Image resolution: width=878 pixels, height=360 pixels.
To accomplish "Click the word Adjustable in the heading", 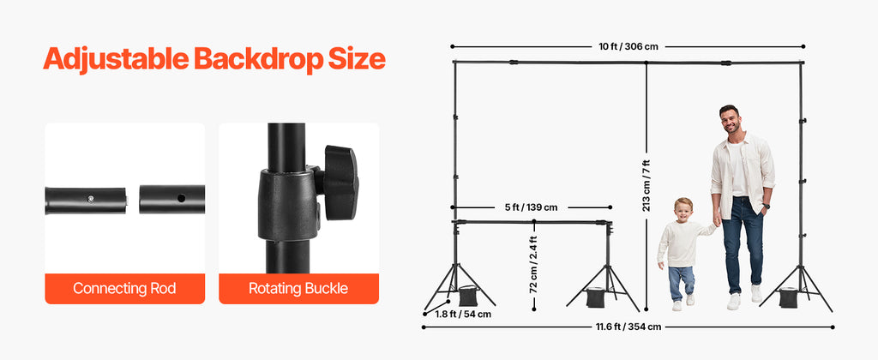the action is coord(116,59).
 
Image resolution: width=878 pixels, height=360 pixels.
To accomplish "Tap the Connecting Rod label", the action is coord(124,289).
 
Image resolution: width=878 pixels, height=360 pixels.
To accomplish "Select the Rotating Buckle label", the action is coord(298,289).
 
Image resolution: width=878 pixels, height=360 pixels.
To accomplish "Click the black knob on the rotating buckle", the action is coord(340,182).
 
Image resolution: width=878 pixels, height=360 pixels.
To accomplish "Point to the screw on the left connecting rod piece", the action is coord(91,198).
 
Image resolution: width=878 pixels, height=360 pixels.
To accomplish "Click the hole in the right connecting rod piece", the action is coord(181,198).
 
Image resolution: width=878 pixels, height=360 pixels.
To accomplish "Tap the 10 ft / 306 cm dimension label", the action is coord(628,46).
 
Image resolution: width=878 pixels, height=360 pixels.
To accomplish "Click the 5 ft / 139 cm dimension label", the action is coord(531,207).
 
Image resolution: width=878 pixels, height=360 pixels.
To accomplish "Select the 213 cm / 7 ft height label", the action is coord(646,185).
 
